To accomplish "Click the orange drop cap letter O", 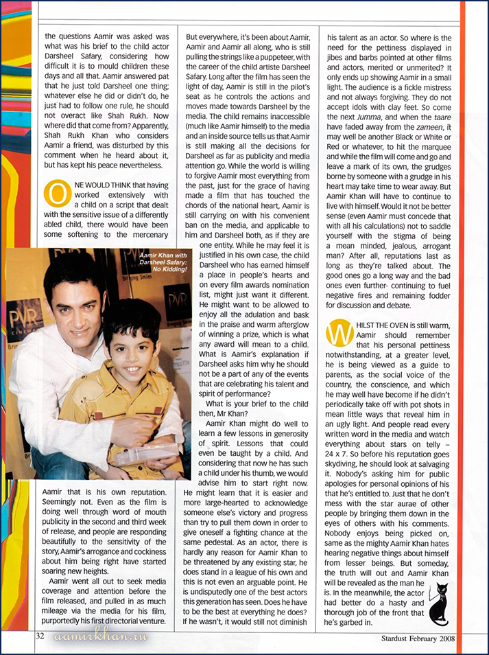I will tap(56, 193).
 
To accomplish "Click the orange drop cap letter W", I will tap(339, 333).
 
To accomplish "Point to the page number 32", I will tap(40, 636).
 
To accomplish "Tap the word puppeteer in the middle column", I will tap(283, 77).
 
